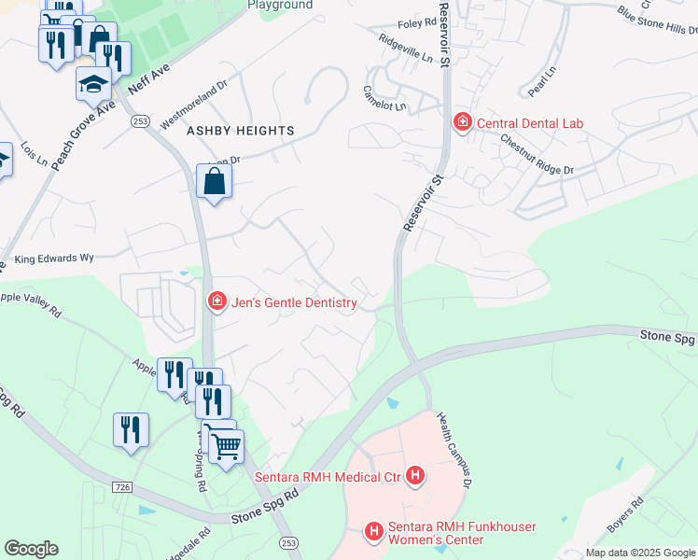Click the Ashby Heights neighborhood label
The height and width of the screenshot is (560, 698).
[241, 132]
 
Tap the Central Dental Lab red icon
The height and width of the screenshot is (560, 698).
[462, 122]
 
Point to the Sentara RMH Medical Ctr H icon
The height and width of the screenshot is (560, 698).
[416, 478]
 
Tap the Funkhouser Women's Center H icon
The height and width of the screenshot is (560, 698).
[374, 532]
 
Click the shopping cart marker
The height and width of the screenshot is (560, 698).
[225, 447]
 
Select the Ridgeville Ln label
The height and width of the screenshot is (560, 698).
[407, 48]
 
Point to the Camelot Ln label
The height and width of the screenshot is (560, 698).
[384, 98]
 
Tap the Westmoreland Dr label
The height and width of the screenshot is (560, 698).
[194, 105]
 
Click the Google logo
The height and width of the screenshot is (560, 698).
[31, 549]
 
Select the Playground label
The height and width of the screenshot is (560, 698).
[280, 5]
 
